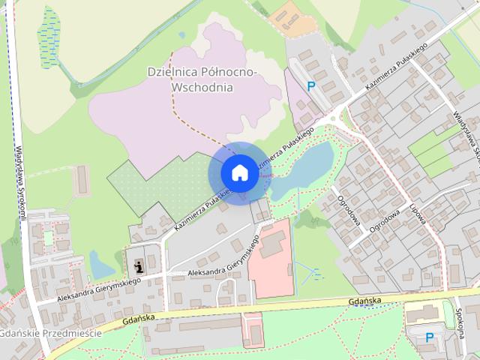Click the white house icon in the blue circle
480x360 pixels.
coord(238,172)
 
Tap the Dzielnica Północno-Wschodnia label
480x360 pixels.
coord(202,79)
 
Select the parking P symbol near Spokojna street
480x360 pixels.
coord(430,337)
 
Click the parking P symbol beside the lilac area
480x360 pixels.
coord(311,86)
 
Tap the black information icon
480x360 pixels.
coord(139,265)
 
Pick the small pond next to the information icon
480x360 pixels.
coord(102,263)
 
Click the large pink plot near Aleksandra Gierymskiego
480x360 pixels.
coord(270,259)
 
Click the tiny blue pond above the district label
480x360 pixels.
coord(182,34)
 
